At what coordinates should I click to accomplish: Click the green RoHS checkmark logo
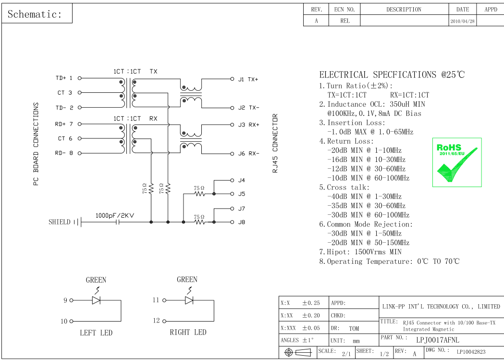(457, 162)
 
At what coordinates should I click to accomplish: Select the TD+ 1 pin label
(64, 78)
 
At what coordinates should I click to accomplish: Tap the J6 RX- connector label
(248, 154)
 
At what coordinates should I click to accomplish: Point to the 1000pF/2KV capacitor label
(114, 216)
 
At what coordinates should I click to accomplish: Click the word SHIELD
(59, 222)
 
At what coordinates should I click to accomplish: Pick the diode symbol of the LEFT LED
(96, 300)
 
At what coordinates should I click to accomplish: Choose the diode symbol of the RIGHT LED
(189, 300)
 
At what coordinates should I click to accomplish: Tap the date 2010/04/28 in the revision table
(462, 21)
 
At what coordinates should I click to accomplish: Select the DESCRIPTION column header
(404, 10)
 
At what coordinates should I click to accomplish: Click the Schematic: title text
(35, 14)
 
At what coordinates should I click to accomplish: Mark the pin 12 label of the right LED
(156, 321)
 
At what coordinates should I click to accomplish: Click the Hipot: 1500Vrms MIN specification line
(360, 252)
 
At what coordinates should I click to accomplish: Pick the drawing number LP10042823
(471, 352)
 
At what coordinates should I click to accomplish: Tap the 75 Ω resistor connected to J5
(199, 194)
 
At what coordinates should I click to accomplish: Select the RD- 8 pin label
(64, 153)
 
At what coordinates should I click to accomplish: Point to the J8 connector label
(241, 222)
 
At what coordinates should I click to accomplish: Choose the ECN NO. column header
(344, 10)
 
